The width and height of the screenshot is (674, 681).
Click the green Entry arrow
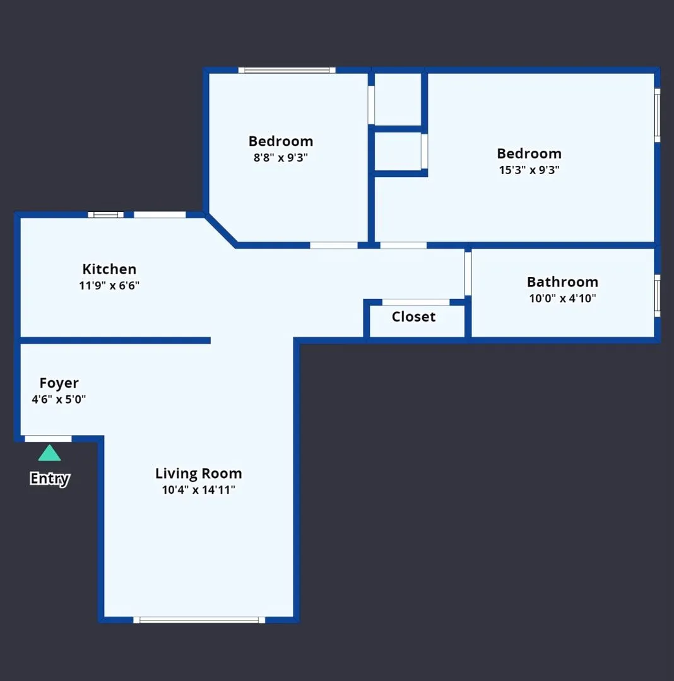click(x=49, y=453)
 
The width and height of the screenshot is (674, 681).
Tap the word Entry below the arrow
click(x=49, y=479)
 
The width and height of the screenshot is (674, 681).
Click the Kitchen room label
click(x=109, y=270)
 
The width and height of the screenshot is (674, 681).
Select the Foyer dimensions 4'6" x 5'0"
click(x=59, y=399)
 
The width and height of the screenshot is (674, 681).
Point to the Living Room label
click(x=198, y=474)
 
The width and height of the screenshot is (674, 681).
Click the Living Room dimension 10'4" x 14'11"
click(x=198, y=490)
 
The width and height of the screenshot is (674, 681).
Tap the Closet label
click(x=413, y=317)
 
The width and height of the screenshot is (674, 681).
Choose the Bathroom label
click(x=562, y=282)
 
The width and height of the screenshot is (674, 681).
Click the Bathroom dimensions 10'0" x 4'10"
click(x=562, y=298)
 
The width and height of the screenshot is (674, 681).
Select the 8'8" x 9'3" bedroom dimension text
click(x=281, y=158)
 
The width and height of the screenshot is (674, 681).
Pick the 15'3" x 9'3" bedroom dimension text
click(x=529, y=170)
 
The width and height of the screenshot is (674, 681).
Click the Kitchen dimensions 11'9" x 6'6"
click(x=109, y=286)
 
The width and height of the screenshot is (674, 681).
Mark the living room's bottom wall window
click(x=199, y=620)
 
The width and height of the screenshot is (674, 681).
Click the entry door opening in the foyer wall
click(x=48, y=438)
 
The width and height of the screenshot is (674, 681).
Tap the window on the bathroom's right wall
click(x=657, y=295)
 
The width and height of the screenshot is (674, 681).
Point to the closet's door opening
click(x=416, y=302)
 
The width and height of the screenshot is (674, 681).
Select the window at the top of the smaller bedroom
click(x=287, y=70)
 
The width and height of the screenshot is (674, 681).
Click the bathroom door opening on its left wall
click(x=468, y=273)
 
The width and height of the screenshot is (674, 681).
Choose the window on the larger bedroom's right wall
click(x=657, y=115)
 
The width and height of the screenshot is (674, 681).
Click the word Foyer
click(x=59, y=383)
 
